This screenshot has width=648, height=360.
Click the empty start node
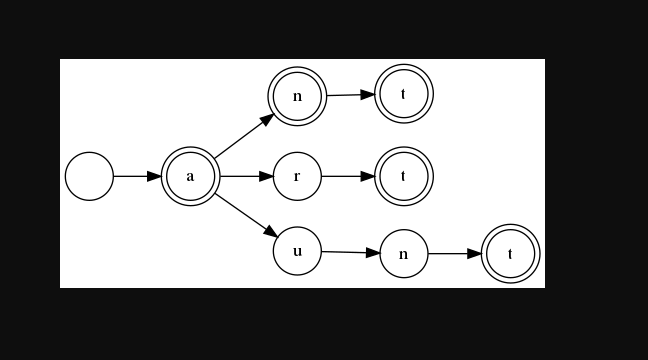(89, 176)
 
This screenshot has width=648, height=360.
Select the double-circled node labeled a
(190, 176)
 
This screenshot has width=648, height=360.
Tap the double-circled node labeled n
(297, 96)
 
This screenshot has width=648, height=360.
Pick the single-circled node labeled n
(403, 254)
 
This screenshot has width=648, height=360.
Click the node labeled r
(297, 176)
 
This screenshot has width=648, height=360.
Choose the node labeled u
(297, 250)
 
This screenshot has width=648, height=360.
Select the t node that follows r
(403, 176)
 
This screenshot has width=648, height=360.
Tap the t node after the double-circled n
(403, 94)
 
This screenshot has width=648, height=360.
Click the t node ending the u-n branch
(510, 254)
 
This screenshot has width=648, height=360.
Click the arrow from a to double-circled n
(243, 136)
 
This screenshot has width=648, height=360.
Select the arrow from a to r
(246, 176)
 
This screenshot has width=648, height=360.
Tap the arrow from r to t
(347, 176)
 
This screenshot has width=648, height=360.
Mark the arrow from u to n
(350, 252)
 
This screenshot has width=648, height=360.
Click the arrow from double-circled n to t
(350, 95)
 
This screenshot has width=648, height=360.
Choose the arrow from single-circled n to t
(454, 254)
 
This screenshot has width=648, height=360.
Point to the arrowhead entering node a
(154, 176)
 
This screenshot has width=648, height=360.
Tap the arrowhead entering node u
(270, 232)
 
